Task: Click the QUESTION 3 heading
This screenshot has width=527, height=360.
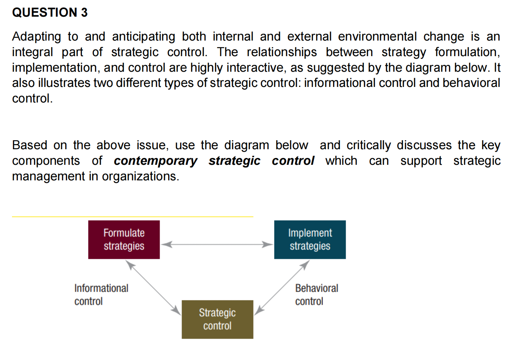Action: tap(50, 12)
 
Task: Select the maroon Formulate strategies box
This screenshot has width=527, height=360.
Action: tap(124, 239)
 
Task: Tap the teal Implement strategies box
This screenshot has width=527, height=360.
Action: tap(310, 239)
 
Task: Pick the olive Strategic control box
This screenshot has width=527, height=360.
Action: tap(217, 319)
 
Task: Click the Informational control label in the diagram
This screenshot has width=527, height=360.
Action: tap(101, 294)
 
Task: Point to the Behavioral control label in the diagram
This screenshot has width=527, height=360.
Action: tap(316, 294)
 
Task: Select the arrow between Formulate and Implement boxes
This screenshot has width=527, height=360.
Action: tap(217, 244)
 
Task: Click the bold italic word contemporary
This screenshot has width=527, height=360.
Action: tap(155, 161)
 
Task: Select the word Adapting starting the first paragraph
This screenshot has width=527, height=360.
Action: tap(37, 37)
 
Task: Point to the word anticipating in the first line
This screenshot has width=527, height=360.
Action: tap(144, 37)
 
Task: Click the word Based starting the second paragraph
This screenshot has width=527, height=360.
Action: tap(30, 145)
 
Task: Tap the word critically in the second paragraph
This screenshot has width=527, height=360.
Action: tap(369, 145)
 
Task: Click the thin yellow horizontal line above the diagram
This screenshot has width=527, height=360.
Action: tap(132, 217)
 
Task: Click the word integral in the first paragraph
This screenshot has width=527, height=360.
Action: tap(32, 52)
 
